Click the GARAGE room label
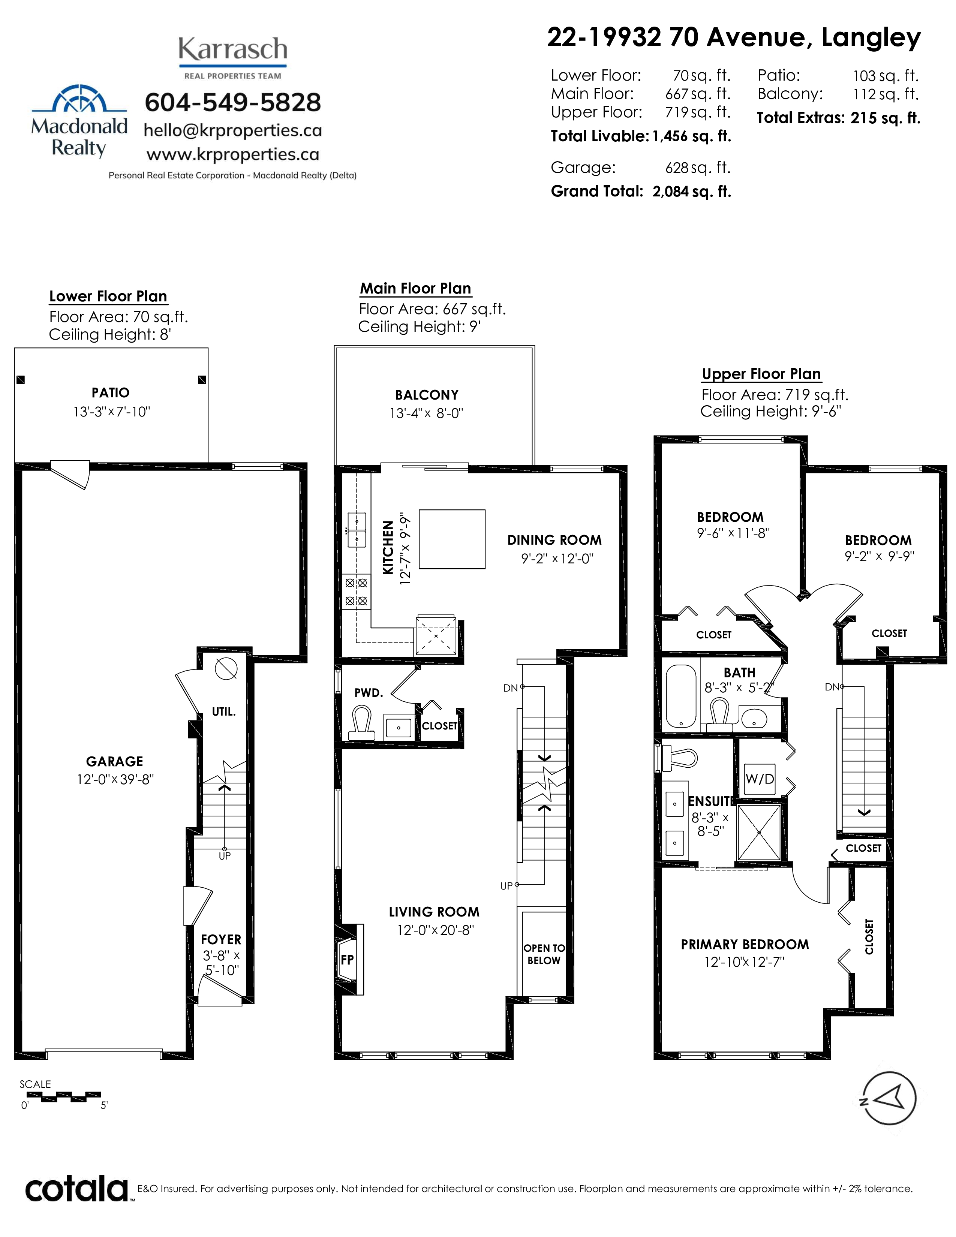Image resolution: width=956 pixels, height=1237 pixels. point(114,761)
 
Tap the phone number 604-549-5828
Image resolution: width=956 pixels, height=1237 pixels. point(233,102)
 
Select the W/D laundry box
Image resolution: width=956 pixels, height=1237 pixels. point(760,779)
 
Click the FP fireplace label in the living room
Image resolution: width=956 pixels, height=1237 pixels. point(347,960)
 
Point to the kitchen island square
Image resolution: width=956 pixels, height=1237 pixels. point(451,539)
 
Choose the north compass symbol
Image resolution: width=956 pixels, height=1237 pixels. point(888,1098)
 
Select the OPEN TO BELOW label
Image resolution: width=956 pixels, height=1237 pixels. point(544,954)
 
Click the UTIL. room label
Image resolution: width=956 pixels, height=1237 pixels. point(224,711)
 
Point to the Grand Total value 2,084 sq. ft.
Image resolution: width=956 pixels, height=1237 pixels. point(692,192)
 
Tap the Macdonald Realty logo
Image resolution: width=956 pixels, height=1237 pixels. point(79,121)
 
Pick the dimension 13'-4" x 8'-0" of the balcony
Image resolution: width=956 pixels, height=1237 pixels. point(427,413)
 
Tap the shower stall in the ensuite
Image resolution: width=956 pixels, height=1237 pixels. point(758,832)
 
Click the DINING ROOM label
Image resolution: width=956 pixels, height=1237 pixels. point(554,540)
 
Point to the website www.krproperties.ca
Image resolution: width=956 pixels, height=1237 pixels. point(233,154)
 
